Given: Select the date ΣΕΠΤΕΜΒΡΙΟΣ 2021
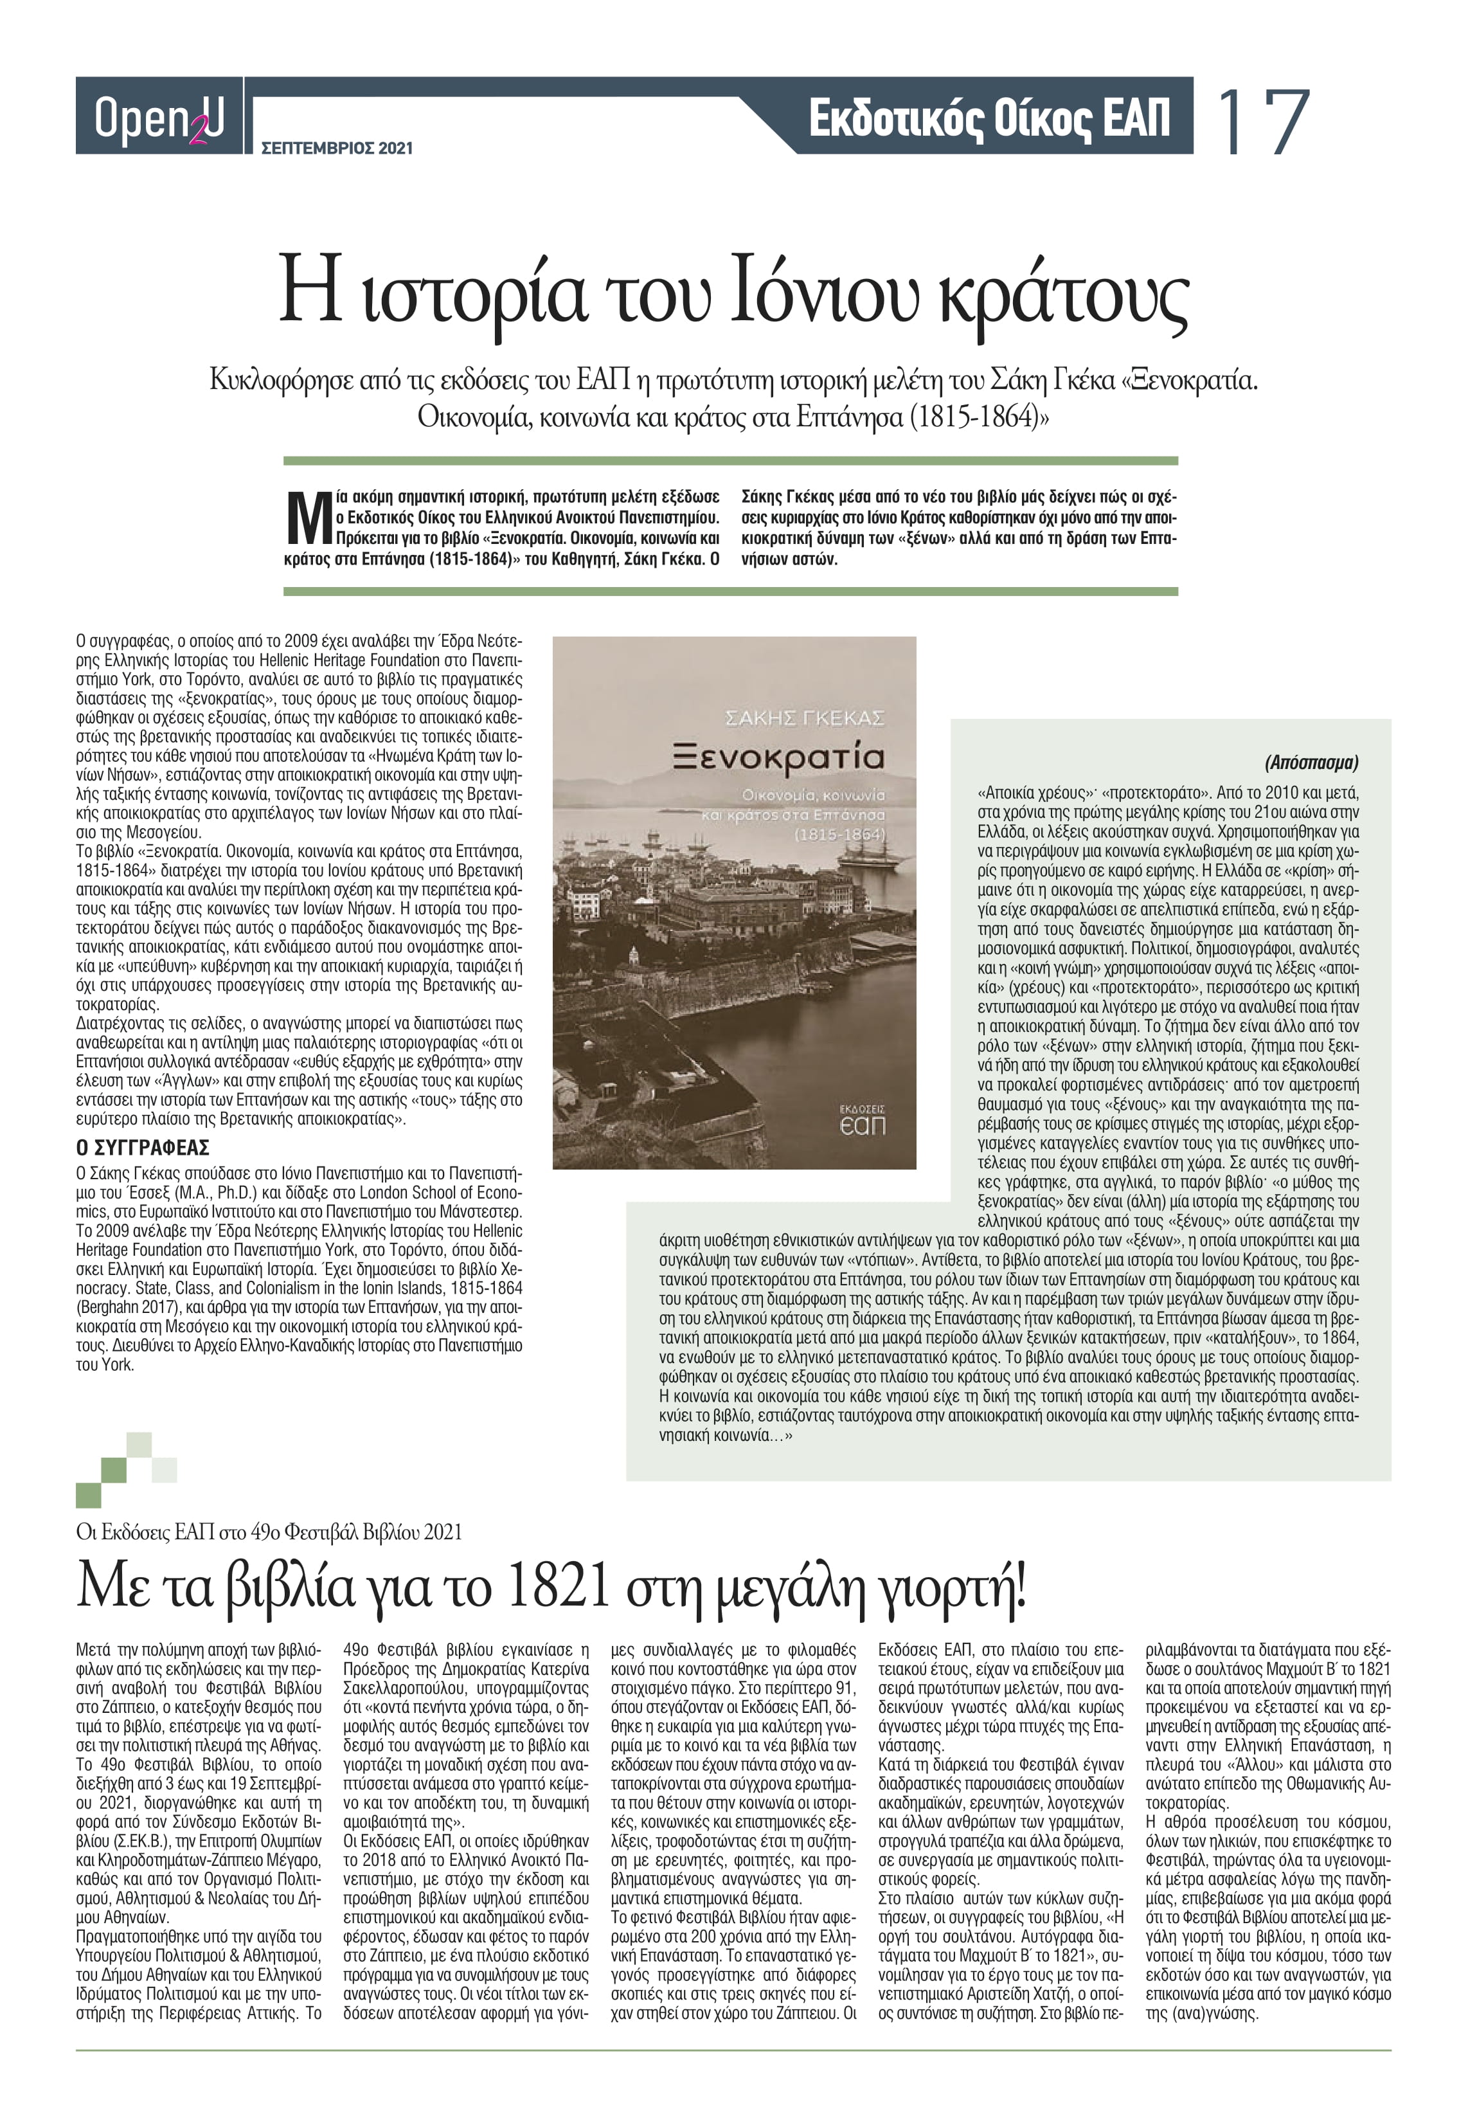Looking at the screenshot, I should click(337, 147).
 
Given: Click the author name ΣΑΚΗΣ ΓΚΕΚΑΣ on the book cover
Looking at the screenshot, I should click(804, 718).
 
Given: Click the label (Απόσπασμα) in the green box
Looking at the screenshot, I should click(1311, 762).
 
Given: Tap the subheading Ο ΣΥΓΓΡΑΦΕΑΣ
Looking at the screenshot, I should click(143, 1147).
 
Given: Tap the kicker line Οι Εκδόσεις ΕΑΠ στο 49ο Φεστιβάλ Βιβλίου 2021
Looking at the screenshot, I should click(269, 1532).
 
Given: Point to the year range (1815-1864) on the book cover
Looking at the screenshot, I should click(839, 835).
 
